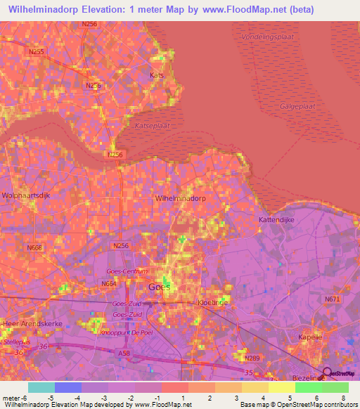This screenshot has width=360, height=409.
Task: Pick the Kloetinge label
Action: click(213, 301)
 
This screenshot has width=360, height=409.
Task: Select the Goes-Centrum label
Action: click(127, 271)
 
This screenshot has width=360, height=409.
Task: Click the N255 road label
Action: click(37, 51)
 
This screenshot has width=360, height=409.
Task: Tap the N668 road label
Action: click(34, 247)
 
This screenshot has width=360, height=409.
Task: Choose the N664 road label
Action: click(109, 283)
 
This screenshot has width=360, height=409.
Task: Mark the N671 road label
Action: click(332, 299)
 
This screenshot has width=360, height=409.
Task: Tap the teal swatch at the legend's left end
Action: click(41, 387)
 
